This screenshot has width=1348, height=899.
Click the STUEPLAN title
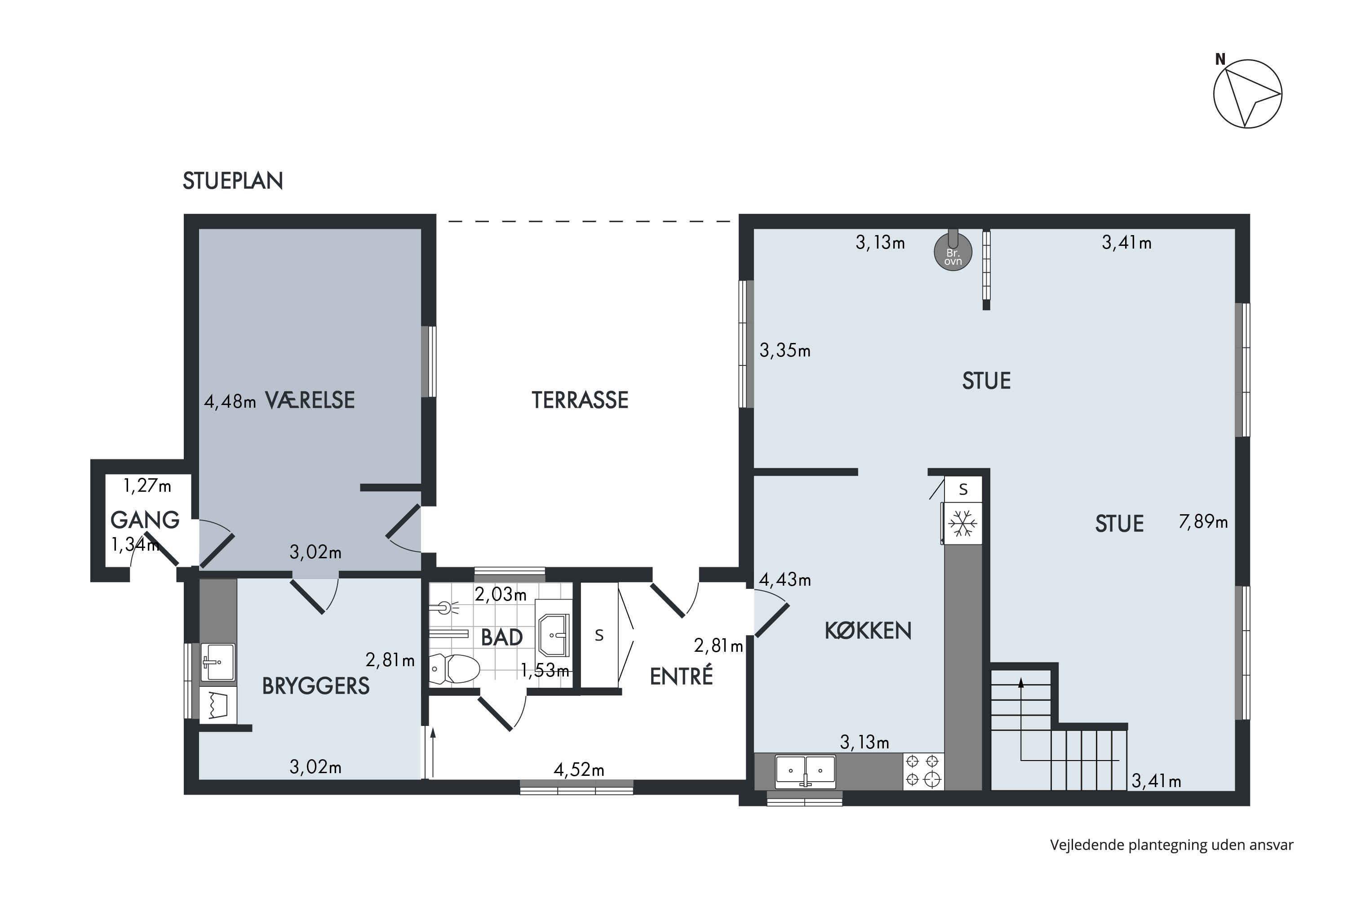[233, 181]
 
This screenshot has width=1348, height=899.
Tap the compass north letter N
[1220, 59]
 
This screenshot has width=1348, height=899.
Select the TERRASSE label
[580, 400]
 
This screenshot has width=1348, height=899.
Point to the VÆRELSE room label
[310, 400]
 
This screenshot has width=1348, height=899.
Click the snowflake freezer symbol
[963, 523]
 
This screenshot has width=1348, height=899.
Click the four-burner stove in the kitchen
[923, 771]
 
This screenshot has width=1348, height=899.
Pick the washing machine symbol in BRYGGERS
[218, 705]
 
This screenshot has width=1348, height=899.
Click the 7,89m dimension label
[1203, 522]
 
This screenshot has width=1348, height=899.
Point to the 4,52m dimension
[579, 770]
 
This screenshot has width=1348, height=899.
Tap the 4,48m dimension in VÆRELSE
[230, 401]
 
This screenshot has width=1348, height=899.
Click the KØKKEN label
[868, 631]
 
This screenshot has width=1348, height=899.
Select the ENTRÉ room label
[682, 676]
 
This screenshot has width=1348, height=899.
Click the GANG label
[145, 520]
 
